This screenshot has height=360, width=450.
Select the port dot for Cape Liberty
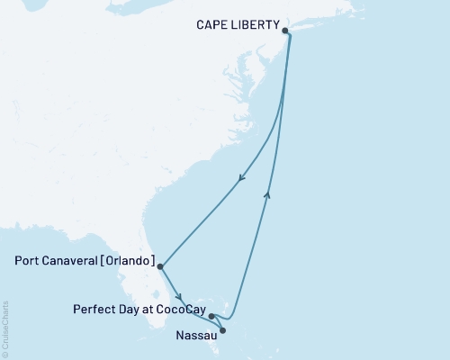286,31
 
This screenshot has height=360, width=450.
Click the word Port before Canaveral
28,264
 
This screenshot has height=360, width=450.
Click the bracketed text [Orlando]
129,264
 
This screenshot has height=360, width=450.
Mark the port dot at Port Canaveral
160,266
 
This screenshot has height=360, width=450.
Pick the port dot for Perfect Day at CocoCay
211,316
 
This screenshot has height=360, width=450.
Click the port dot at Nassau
223,330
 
